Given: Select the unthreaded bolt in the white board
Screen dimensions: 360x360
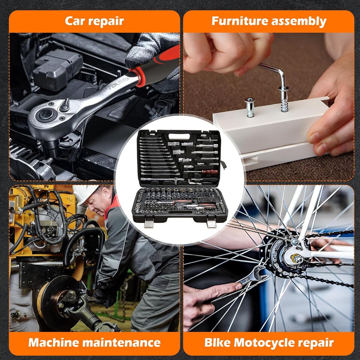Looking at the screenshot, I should (x=250, y=107).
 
